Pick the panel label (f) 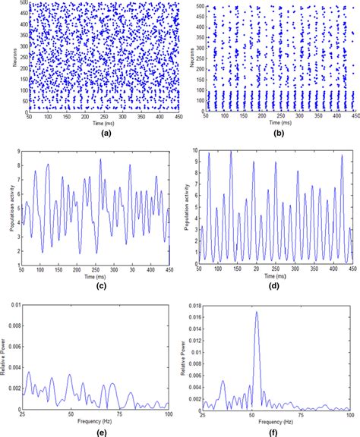click(x=273, y=431)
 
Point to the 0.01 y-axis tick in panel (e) click(x=12, y=303)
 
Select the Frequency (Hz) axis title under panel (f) click(x=274, y=418)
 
